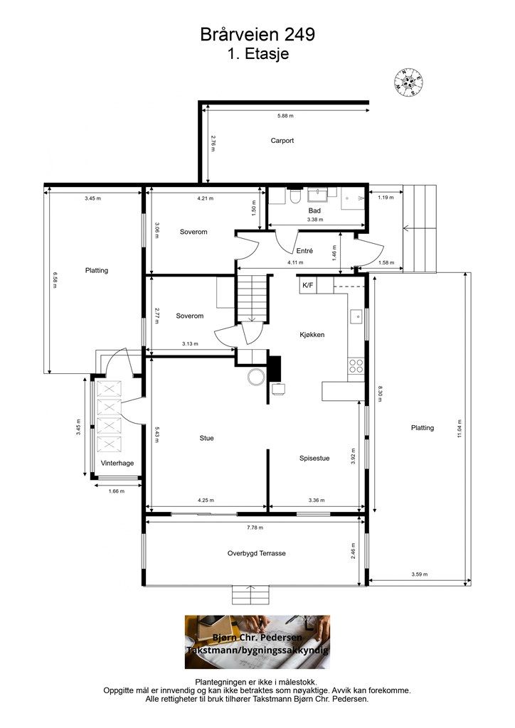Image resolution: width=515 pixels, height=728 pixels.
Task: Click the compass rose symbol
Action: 408,82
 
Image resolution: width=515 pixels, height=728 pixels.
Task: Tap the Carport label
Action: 282,140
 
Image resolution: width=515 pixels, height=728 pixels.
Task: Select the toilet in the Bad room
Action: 294,196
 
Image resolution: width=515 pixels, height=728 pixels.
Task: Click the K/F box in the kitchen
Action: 308,285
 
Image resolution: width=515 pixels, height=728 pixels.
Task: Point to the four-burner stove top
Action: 356,366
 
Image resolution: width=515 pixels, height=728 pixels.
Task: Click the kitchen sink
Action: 357,316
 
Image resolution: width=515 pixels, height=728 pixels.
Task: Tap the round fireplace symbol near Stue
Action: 256,377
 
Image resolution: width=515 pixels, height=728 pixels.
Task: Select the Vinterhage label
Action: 117,463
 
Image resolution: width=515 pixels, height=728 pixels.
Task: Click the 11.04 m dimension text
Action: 460,428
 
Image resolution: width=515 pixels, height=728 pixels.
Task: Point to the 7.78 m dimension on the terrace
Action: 255,528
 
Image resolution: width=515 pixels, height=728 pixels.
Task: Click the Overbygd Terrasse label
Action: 256,553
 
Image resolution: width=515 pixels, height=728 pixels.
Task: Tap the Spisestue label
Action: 314,459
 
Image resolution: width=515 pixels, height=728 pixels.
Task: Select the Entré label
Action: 304,251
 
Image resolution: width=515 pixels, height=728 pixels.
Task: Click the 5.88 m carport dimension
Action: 285,116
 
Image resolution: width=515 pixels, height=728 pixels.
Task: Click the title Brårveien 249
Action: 257,34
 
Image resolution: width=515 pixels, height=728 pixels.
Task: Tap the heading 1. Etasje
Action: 258,53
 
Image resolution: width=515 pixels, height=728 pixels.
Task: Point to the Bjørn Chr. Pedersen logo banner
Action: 257,642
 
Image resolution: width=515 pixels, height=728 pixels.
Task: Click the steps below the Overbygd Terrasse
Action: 251,595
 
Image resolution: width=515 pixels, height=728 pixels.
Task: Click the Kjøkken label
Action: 312,334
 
